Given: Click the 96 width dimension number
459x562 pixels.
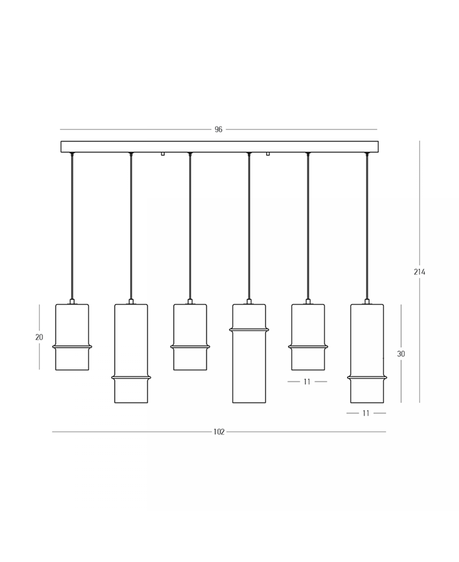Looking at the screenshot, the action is (218, 130).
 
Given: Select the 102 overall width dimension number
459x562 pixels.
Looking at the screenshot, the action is (219, 432).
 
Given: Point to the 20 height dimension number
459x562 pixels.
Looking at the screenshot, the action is (39, 337).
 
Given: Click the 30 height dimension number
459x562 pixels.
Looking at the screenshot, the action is (401, 354).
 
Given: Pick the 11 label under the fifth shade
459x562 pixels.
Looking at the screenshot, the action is (307, 382).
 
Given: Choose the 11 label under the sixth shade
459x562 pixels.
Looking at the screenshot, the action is (366, 413).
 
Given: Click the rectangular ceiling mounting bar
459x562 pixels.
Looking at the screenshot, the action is (220, 147).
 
